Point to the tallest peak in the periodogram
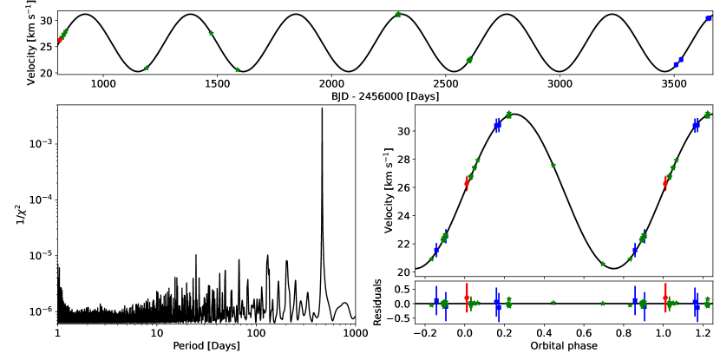[322, 109]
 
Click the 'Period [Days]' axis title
[205, 346]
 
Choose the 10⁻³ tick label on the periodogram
[40, 143]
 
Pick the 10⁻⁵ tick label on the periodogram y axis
[40, 255]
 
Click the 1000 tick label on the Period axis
[354, 333]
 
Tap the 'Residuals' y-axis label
[378, 303]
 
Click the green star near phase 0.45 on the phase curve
[553, 165]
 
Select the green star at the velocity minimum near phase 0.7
[603, 264]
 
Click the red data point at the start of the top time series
[59, 41]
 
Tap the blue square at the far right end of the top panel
[709, 18]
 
